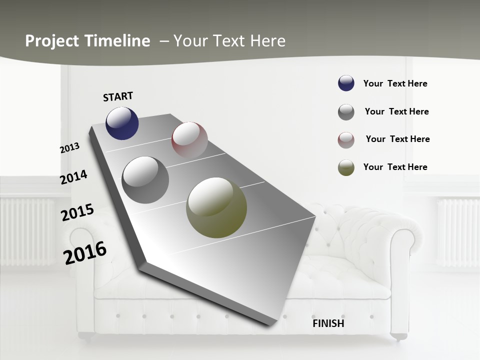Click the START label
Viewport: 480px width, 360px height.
pos(118,96)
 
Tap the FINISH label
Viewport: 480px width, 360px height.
pos(328,323)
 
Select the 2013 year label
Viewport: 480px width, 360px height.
pos(69,147)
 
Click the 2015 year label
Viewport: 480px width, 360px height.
pos(77,212)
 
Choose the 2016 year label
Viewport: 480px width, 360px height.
pos(85,252)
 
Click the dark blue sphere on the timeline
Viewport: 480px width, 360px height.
pos(122,123)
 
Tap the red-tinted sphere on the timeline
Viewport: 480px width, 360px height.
pos(189,139)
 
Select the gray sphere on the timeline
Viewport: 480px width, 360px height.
pos(145,180)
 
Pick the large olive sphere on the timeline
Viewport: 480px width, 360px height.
pos(216,207)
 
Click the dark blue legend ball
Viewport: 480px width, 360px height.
pos(346,83)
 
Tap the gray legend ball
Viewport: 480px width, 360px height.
pos(346,112)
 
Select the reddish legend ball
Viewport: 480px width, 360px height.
pos(346,140)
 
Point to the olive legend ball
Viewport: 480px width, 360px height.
pos(346,167)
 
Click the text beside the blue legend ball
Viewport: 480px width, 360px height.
pos(395,84)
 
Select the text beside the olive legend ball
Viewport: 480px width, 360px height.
pos(395,167)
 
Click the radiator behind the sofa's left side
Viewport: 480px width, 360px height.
pos(27,230)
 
